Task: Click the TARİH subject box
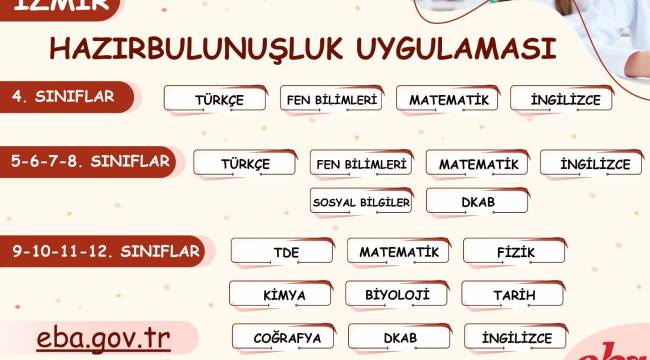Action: pos(513,295)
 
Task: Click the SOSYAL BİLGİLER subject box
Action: pos(361,202)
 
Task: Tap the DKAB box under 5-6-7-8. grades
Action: pos(477,202)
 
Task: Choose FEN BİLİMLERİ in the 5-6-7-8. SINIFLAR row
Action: pos(361,163)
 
